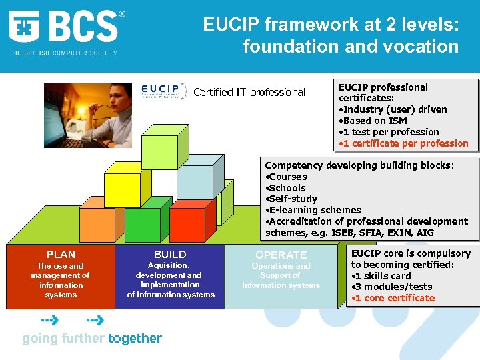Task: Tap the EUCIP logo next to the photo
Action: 164,91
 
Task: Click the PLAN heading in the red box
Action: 61,254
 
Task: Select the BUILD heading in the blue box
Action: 170,254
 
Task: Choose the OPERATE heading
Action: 281,255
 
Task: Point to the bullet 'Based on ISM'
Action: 375,121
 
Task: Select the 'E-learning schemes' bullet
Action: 315,210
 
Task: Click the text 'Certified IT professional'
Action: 249,93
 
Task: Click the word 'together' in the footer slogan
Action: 135,338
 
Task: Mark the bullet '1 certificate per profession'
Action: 406,143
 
